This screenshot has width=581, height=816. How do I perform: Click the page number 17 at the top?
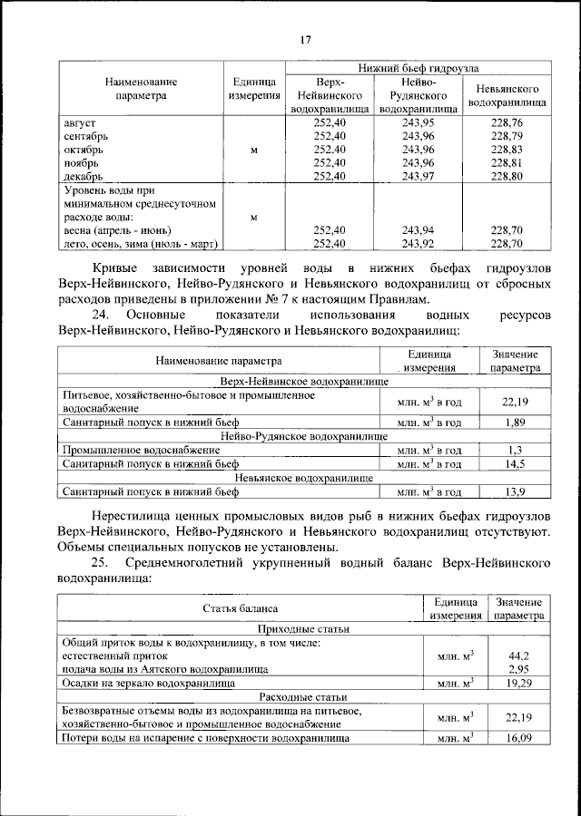tap(306, 38)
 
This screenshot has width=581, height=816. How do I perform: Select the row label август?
tap(81, 121)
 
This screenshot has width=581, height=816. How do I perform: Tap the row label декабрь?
tap(84, 176)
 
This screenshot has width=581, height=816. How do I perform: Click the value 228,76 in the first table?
tap(506, 121)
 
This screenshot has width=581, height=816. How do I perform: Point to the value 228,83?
tap(506, 149)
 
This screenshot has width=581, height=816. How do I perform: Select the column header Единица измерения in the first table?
tap(253, 88)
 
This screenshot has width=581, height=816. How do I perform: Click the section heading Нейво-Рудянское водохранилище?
tap(303, 436)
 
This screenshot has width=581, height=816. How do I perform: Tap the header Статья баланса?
tap(241, 608)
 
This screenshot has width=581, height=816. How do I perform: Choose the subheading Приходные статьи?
tap(303, 629)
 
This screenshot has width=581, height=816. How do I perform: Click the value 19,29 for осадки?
tap(518, 681)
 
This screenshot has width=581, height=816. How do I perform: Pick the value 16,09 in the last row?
tap(518, 738)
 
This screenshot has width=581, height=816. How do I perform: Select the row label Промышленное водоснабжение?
tap(141, 450)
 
